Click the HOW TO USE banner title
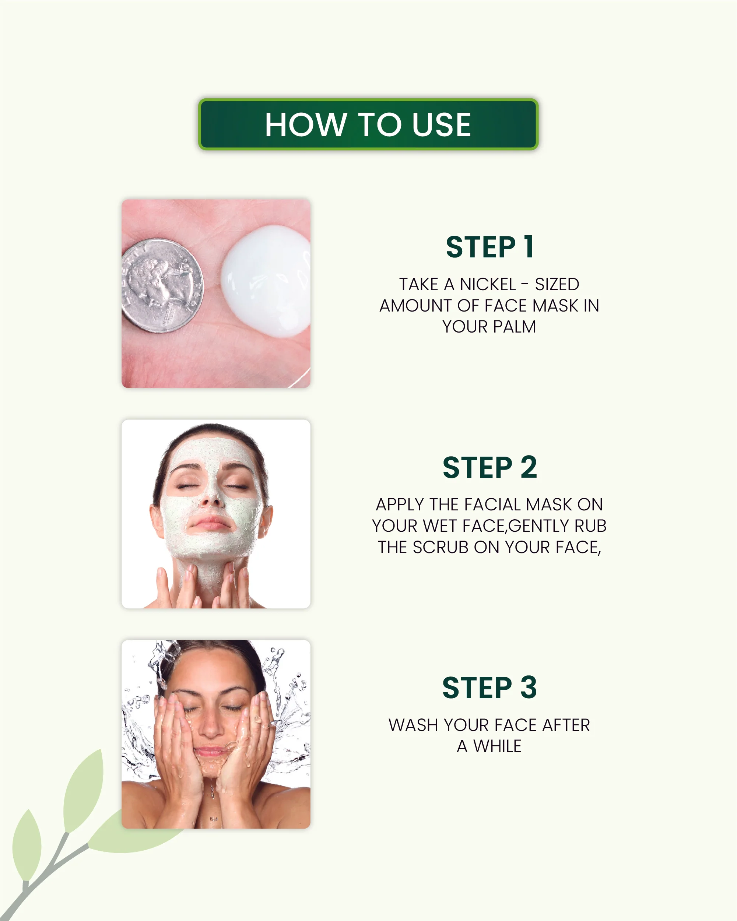tap(368, 124)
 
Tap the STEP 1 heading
tap(489, 247)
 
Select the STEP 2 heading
tap(489, 467)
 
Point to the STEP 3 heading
tap(489, 688)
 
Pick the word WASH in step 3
tap(413, 725)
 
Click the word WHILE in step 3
tap(497, 746)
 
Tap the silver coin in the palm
tap(162, 285)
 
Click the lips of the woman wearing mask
tap(210, 523)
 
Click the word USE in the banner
tap(441, 124)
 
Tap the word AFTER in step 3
tap(566, 725)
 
